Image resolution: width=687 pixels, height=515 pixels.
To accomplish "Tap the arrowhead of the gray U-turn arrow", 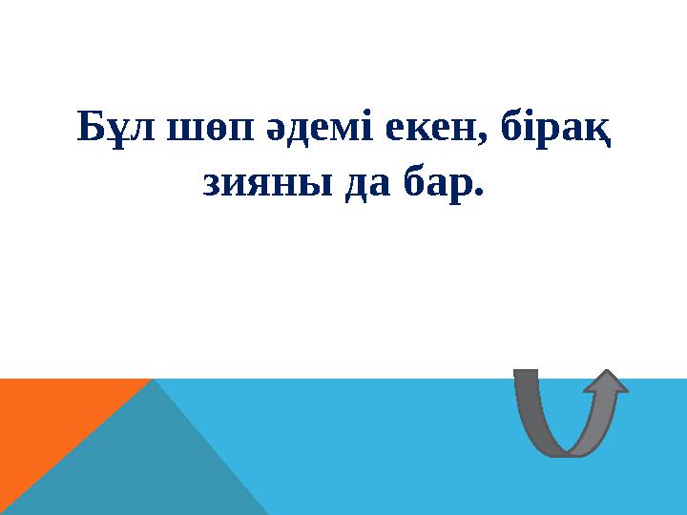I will [x=605, y=381].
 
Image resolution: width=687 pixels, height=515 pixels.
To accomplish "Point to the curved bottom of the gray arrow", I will [x=571, y=446].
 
